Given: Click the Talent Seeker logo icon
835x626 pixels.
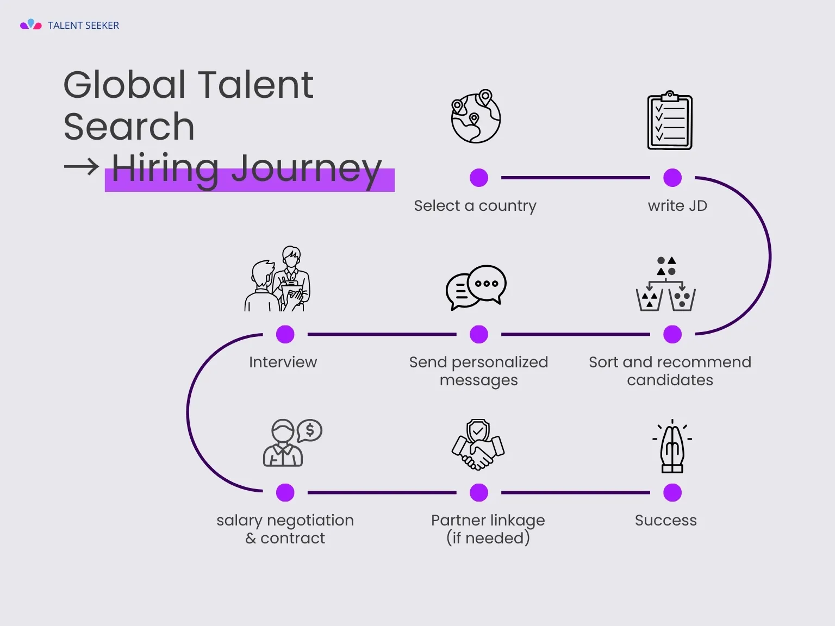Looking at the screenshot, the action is (30, 24).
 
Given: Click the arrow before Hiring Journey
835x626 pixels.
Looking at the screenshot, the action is (82, 166).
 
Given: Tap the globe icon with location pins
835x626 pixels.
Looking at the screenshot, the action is (476, 117).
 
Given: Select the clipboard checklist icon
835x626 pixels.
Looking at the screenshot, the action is (670, 121).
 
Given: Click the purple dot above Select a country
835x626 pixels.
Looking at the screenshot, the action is (479, 178).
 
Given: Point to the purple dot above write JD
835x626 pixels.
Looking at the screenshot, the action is (672, 178).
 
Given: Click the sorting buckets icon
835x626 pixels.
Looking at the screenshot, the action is (666, 284).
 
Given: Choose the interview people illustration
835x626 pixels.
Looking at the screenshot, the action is (278, 279).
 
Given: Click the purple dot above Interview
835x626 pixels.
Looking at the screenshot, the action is (285, 334).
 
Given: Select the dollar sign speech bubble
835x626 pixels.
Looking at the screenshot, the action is (309, 431).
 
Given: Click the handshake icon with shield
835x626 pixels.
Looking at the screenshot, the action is (478, 444).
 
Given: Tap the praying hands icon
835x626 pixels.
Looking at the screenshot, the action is (672, 447).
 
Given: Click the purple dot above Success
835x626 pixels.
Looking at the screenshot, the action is (672, 492).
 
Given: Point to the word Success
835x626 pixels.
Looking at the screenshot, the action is (665, 521).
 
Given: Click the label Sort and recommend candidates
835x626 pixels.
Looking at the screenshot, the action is (670, 371).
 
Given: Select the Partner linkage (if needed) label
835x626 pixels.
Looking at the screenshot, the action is (488, 529).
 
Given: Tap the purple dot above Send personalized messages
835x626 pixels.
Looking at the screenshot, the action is (479, 334).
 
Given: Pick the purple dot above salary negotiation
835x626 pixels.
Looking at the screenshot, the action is (285, 492).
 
